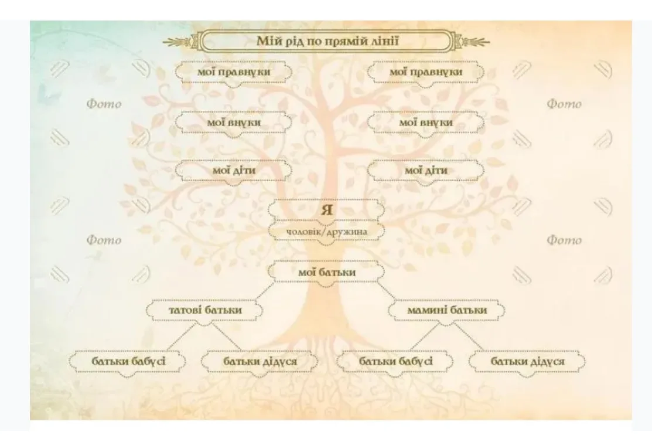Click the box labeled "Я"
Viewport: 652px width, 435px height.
tap(326, 209)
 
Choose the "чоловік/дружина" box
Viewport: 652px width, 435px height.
tap(326, 232)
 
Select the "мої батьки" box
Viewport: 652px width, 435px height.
tap(326, 273)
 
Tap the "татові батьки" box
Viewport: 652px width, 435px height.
tap(205, 310)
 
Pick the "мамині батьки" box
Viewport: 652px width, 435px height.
tap(446, 310)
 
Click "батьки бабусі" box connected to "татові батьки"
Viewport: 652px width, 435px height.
tap(128, 361)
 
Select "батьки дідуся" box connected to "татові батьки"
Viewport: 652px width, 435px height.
tap(260, 361)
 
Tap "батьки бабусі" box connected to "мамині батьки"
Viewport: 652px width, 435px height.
tap(395, 361)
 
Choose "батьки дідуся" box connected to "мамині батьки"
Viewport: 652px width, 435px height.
tap(527, 361)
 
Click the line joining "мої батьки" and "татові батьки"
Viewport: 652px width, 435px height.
tap(265, 291)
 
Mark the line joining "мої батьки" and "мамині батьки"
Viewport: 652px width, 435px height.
tap(386, 291)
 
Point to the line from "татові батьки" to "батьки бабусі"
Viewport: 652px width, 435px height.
tap(181, 337)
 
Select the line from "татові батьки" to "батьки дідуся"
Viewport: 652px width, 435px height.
tap(227, 337)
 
